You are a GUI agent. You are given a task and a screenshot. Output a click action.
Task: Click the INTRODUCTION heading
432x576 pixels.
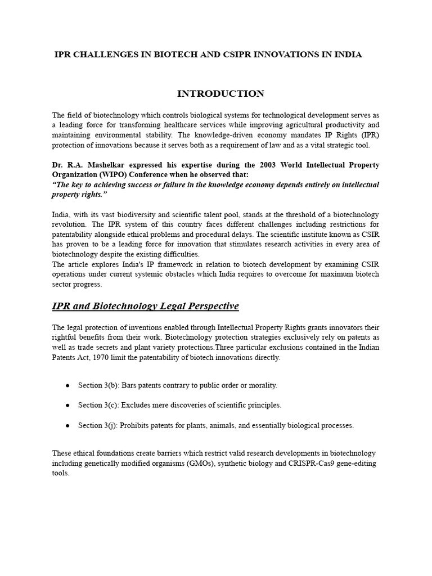click(x=220, y=93)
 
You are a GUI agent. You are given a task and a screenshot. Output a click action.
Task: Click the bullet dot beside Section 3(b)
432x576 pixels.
click(x=67, y=385)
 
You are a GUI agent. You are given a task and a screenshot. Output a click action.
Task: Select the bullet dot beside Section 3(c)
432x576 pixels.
click(x=67, y=406)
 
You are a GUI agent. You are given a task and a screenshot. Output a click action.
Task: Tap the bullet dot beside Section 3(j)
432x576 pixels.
click(x=67, y=426)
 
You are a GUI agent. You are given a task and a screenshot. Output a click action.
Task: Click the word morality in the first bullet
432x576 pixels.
click(x=263, y=385)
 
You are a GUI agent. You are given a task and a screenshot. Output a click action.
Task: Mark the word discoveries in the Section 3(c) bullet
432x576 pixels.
click(x=186, y=406)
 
